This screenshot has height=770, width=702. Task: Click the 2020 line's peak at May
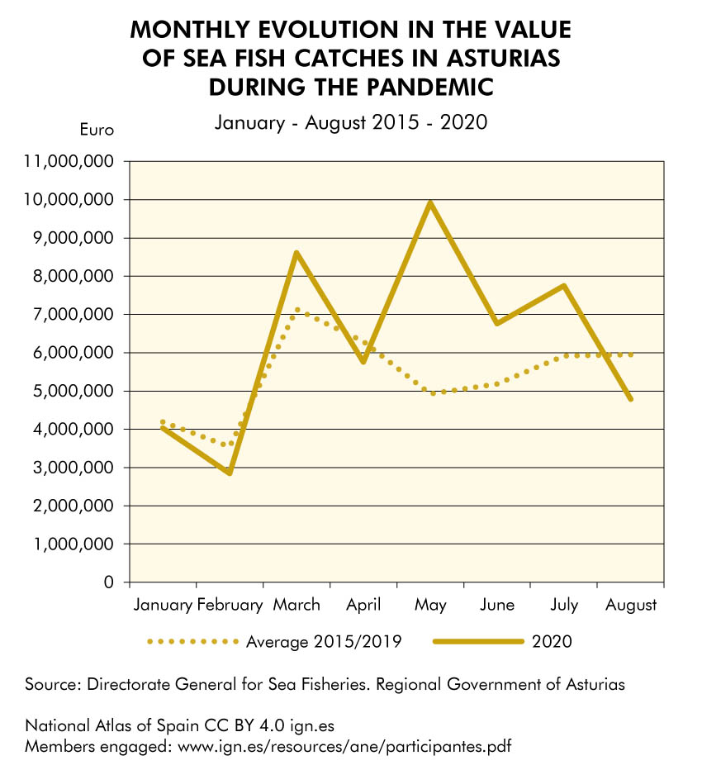pyautogui.click(x=430, y=202)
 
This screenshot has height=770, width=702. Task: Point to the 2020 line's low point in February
pyautogui.click(x=230, y=473)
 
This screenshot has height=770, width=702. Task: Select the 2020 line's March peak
pyautogui.click(x=296, y=253)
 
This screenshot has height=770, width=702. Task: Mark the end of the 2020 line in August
pyautogui.click(x=631, y=399)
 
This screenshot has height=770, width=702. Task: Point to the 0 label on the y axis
pyautogui.click(x=109, y=582)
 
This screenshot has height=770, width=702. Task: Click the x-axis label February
pyautogui.click(x=230, y=605)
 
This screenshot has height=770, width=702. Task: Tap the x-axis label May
pyautogui.click(x=430, y=605)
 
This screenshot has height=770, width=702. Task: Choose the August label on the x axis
pyautogui.click(x=631, y=605)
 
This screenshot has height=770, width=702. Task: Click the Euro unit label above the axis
pyautogui.click(x=96, y=129)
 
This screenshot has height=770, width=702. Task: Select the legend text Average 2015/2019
pyautogui.click(x=324, y=641)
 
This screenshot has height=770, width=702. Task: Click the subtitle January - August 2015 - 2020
pyautogui.click(x=351, y=123)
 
